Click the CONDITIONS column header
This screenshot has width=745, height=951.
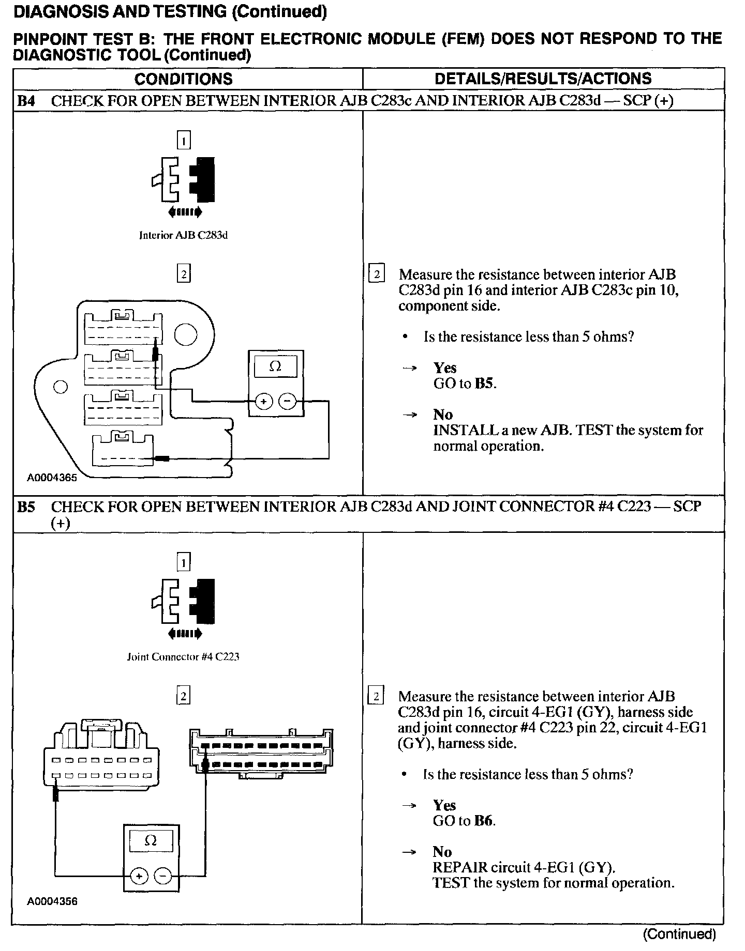tap(183, 79)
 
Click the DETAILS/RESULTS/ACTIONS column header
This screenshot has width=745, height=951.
tap(543, 79)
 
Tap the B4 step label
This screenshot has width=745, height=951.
tap(26, 101)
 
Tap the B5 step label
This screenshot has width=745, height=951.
tap(26, 507)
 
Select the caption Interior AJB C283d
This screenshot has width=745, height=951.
tap(183, 236)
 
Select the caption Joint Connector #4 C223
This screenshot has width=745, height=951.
tap(183, 657)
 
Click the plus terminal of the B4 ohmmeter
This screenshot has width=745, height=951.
tap(263, 402)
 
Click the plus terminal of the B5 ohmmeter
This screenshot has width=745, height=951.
tap(139, 876)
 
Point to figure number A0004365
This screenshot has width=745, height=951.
tap(52, 478)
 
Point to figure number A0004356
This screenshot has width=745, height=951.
tap(52, 901)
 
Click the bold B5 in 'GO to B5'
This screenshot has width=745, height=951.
tap(484, 384)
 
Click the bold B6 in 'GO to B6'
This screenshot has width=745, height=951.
tap(483, 821)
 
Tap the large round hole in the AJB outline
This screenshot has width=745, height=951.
tap(185, 335)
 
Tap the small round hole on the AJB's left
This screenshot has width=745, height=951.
tap(61, 387)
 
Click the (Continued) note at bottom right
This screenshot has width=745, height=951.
tap(679, 934)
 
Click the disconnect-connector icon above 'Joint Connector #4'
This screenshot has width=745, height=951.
tap(183, 602)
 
